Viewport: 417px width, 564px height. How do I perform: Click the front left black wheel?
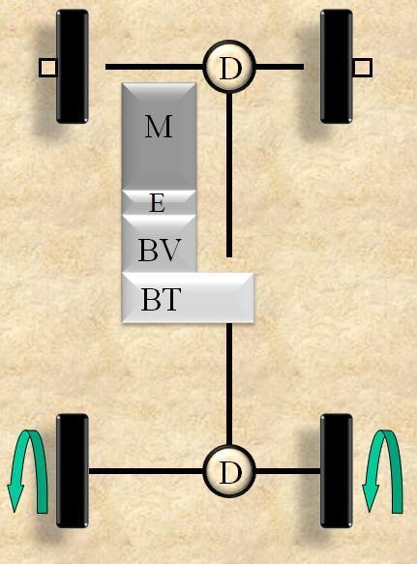73,67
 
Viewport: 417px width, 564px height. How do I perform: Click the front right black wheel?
337,67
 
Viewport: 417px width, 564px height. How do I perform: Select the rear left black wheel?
73,471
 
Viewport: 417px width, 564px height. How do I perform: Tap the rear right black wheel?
337,471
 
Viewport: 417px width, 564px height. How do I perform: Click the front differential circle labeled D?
229,67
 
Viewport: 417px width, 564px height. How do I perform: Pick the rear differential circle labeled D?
229,471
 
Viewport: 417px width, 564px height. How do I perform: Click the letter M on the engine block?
159,127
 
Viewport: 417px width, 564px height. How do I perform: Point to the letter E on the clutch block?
158,203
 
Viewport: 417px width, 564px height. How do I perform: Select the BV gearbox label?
159,250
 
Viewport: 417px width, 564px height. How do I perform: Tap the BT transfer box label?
160,299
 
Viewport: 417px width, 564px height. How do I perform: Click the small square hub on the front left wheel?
47,68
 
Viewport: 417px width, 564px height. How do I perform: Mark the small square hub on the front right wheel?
362,68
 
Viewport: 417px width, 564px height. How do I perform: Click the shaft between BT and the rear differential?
229,384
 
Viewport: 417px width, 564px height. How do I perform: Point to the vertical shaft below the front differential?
229,175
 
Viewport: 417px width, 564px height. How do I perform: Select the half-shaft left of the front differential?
155,67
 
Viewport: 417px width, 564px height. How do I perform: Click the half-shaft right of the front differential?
280,67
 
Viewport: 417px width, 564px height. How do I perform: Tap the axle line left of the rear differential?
146,471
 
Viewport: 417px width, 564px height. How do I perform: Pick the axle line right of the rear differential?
287,471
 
